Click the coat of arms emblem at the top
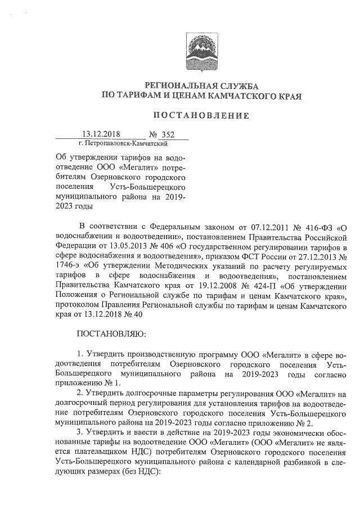(x=201, y=51)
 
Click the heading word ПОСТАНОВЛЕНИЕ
(x=201, y=116)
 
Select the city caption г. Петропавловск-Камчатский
(x=119, y=144)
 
